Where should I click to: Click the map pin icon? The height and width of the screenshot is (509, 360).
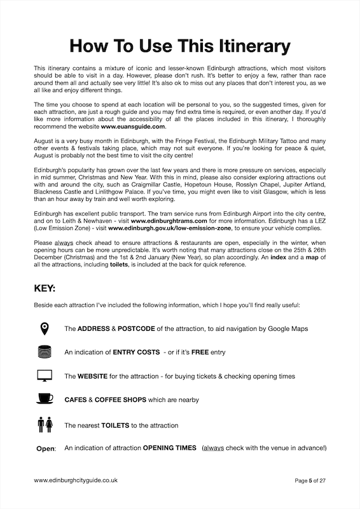(45, 329)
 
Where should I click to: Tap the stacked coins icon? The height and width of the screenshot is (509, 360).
(45, 352)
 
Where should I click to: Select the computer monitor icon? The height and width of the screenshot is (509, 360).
(45, 375)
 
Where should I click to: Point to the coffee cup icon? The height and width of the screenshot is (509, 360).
(45, 399)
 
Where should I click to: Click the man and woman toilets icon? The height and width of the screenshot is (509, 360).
(45, 424)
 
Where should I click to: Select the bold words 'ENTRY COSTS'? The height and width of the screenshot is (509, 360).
(134, 352)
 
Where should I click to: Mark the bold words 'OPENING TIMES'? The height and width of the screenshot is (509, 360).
(163, 448)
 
